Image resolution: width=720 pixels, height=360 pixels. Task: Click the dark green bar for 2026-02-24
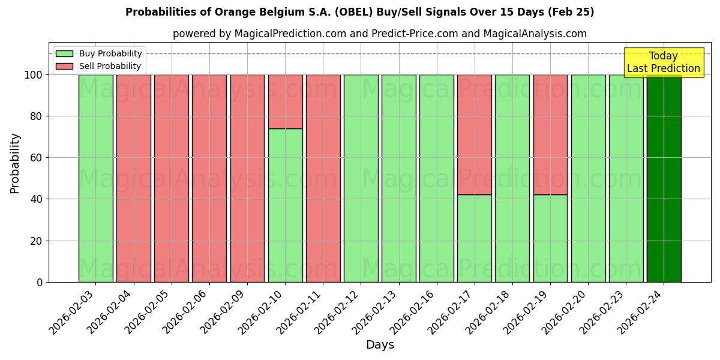664,178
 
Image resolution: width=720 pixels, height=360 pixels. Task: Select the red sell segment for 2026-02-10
285,101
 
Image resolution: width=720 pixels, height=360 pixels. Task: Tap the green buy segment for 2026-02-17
475,238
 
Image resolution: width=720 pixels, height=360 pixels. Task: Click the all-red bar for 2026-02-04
134,178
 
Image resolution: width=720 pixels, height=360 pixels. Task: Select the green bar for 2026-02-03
96,178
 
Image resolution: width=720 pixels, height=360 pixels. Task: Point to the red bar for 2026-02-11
323,178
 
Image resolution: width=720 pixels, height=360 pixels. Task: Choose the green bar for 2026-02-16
437,178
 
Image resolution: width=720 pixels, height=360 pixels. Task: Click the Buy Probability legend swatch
64,53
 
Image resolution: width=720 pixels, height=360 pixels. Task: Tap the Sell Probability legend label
110,66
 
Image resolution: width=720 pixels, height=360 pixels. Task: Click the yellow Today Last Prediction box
664,62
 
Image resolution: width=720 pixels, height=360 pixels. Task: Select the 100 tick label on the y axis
32,75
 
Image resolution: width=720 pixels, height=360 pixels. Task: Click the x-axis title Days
380,345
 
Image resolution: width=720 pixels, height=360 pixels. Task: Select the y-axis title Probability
15,163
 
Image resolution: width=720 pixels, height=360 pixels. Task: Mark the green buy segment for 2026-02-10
285,205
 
